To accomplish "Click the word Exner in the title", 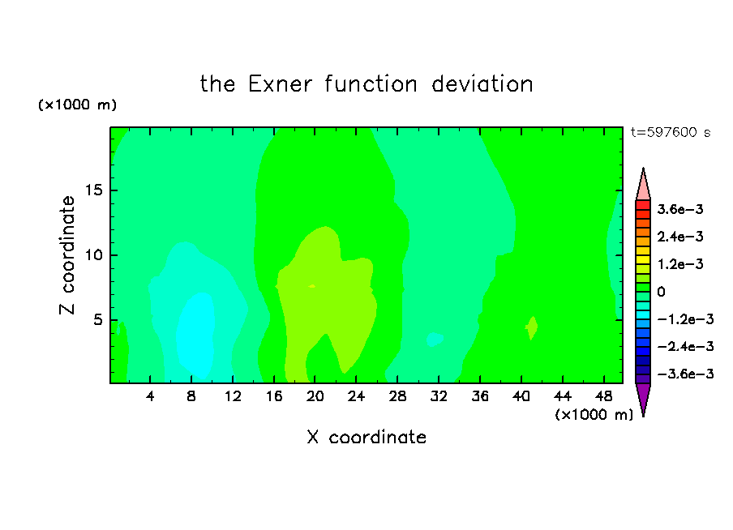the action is [280, 84].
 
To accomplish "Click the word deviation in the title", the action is [482, 84].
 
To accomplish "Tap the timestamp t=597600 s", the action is [671, 132].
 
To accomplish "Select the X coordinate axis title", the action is [366, 437].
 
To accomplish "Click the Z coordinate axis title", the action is [67, 254].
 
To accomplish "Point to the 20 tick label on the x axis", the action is [315, 396].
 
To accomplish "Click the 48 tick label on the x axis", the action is [603, 396].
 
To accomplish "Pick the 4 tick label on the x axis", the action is [149, 396].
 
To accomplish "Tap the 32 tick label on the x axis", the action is [439, 396].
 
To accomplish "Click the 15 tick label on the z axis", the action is [94, 190].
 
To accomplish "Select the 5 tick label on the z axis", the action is [97, 319].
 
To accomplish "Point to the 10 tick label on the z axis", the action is [94, 255].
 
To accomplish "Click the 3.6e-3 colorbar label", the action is [679, 209].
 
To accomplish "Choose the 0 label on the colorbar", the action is [661, 292].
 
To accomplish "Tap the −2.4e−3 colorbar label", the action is [685, 346].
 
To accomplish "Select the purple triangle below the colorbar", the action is [643, 399].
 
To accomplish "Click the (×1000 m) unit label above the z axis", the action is [77, 105].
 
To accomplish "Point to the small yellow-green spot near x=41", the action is [532, 327].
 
